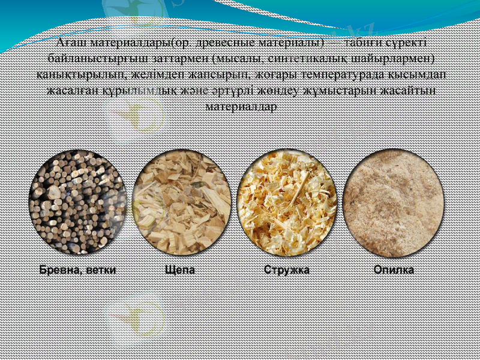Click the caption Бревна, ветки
click(77, 270)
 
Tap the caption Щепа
click(180, 270)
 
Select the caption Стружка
click(287, 270)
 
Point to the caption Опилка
click(394, 270)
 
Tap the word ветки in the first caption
click(100, 270)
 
